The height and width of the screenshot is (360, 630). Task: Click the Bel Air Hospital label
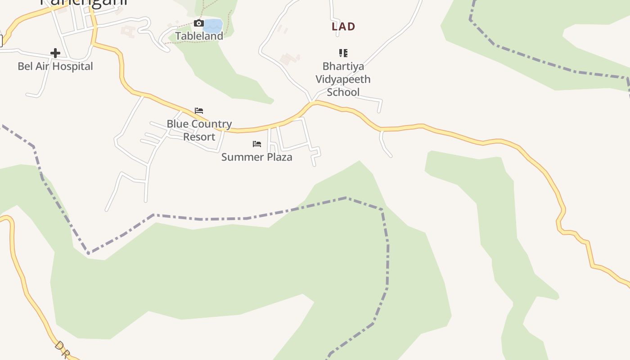(x=55, y=66)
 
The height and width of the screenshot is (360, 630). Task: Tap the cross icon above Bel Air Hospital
(x=55, y=53)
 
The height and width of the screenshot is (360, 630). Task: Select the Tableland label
(x=199, y=36)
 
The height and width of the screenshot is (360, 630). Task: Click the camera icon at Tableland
(x=198, y=23)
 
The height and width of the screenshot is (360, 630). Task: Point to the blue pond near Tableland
(x=213, y=25)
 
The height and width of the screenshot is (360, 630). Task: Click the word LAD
(x=343, y=27)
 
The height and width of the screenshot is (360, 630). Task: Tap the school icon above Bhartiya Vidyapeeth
(x=343, y=53)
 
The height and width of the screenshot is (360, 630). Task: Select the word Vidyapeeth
(x=343, y=79)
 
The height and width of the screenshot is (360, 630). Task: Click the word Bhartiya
(x=343, y=67)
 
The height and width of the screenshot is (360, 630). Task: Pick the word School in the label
(x=343, y=92)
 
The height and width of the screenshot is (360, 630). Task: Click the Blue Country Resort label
(x=199, y=130)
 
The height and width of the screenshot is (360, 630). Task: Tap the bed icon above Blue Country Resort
(x=199, y=111)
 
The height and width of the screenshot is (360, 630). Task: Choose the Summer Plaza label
(x=256, y=157)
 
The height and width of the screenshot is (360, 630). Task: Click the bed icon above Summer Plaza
(x=257, y=144)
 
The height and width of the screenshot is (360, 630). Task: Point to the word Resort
(x=199, y=137)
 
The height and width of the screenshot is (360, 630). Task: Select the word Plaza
(x=278, y=157)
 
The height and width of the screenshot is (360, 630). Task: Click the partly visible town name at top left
(x=84, y=2)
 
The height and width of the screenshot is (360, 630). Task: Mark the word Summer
(x=241, y=157)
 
